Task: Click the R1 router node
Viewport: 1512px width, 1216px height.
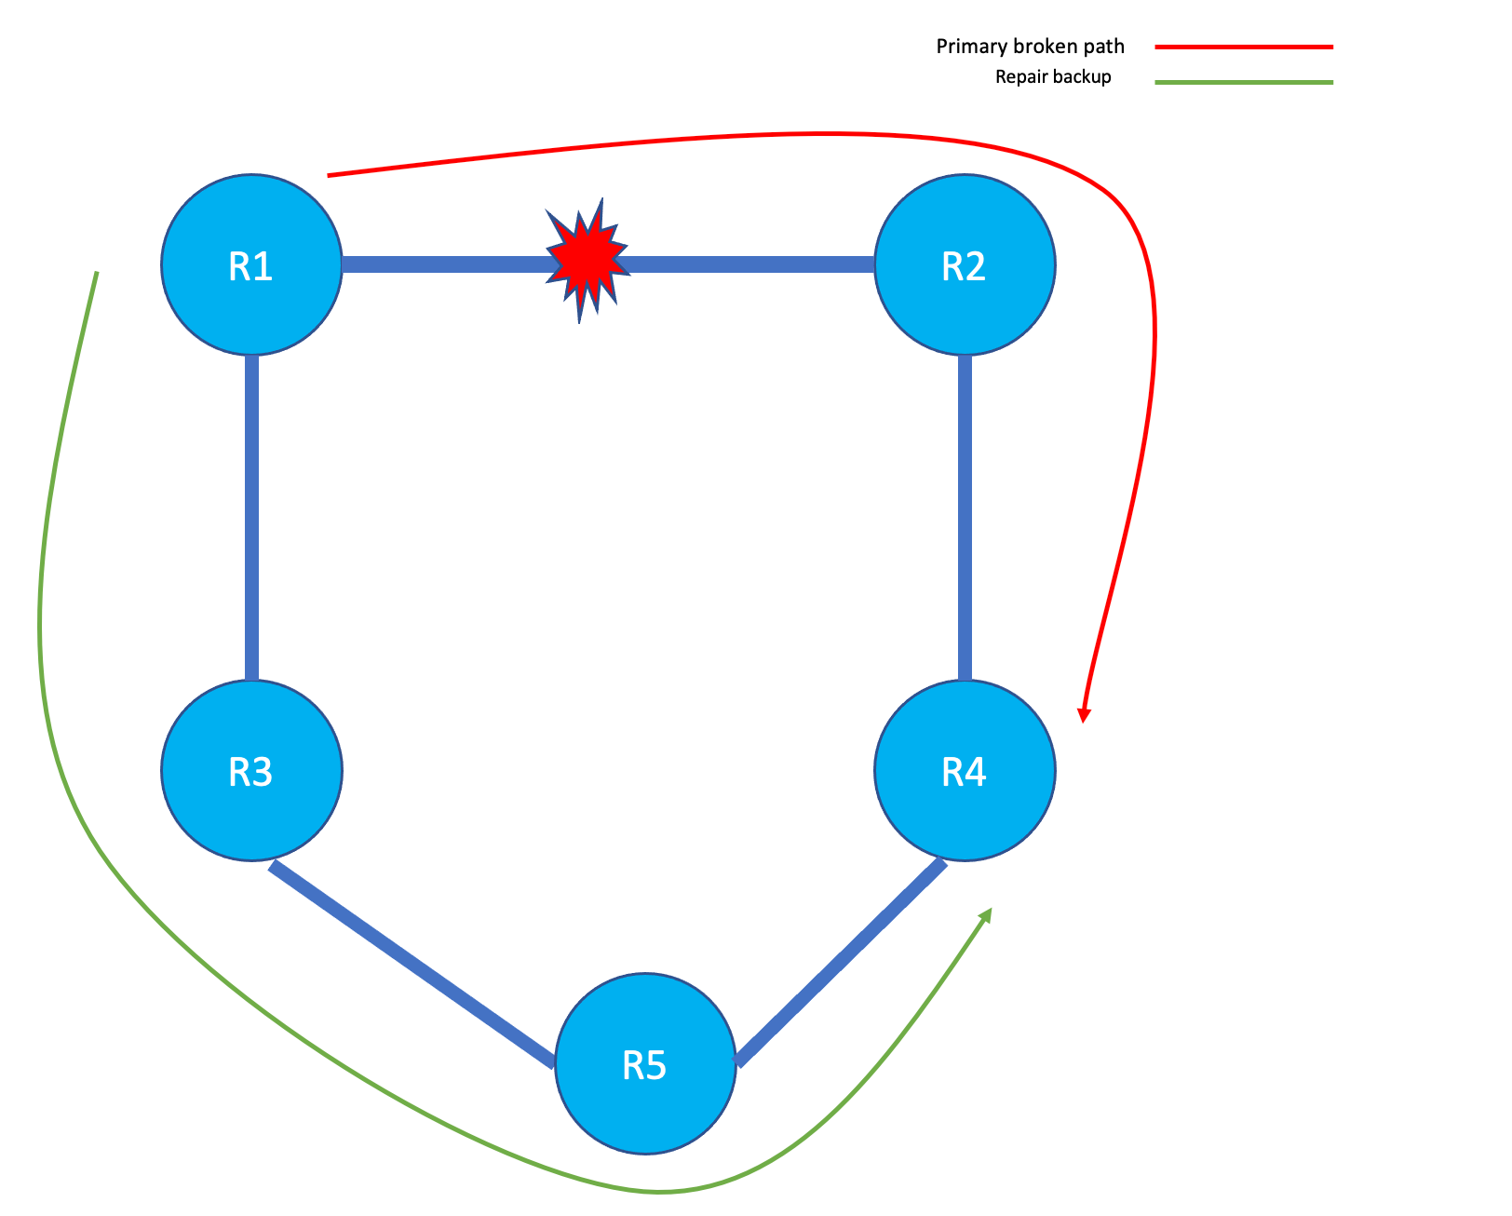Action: pos(251,265)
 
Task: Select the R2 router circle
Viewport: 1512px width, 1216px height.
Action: pos(965,265)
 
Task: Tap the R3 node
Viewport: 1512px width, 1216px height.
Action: pos(251,771)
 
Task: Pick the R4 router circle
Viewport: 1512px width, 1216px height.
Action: pos(965,771)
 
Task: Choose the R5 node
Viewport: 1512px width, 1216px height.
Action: pos(645,1063)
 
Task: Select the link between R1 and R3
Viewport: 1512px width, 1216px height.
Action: pos(251,518)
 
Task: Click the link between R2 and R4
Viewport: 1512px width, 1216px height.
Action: pos(965,518)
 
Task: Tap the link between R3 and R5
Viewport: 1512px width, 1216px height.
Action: pos(412,965)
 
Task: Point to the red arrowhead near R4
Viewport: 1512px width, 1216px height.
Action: pos(1083,714)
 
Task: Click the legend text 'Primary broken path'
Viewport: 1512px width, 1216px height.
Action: pos(1030,47)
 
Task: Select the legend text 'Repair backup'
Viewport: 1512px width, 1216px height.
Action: pos(1053,77)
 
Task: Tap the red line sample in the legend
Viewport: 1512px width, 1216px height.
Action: pos(1243,47)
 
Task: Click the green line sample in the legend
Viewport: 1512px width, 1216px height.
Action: pos(1243,82)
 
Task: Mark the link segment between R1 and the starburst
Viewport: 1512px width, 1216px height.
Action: pos(445,265)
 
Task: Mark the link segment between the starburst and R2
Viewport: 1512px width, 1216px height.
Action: pos(750,265)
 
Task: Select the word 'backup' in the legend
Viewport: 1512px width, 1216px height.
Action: pos(1082,77)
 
